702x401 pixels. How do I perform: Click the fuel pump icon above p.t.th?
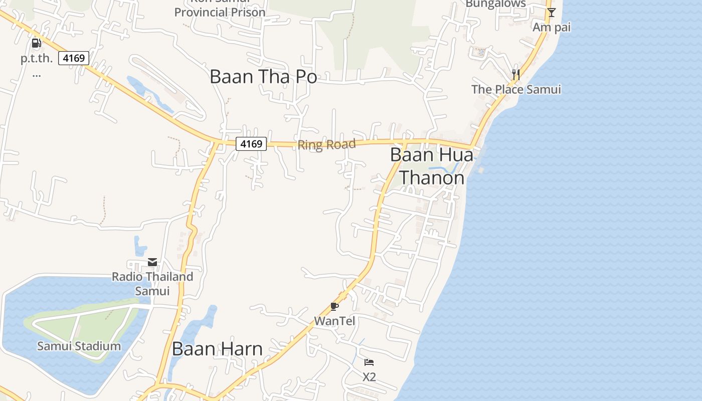coord(36,43)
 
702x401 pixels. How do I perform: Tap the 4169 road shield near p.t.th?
coord(74,58)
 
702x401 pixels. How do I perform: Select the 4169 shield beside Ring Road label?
coord(251,144)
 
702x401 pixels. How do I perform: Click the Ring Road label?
coord(326,145)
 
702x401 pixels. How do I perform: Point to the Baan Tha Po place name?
coord(263,77)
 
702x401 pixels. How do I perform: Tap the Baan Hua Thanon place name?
coord(431,166)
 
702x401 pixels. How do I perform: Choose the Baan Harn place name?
coord(217,349)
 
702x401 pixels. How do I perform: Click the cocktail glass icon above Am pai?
coord(552,13)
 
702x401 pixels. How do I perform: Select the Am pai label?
coord(552,27)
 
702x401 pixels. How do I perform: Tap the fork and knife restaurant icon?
coord(515,75)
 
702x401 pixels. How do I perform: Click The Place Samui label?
coord(516,90)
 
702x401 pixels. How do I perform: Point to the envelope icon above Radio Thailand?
coord(152,262)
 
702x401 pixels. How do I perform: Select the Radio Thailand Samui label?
coord(152,284)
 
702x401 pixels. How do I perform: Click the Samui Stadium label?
coord(79,346)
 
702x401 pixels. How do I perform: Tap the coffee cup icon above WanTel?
coord(334,306)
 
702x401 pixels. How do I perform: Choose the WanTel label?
coord(334,321)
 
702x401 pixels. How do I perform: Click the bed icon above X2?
coord(369,362)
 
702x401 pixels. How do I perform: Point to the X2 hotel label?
coord(369,377)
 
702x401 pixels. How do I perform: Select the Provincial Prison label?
coord(220,11)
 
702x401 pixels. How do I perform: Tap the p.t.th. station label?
coord(37,59)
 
